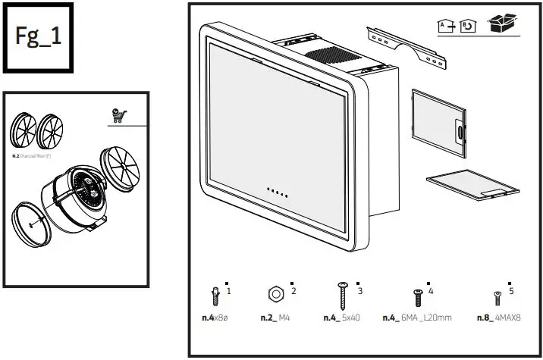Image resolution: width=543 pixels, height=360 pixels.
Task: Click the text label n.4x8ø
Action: [x=215, y=318]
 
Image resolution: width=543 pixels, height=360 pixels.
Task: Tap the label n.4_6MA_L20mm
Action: [x=416, y=318]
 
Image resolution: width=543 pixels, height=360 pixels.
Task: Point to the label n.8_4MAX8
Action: [x=499, y=318]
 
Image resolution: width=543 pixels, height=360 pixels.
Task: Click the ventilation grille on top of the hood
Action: [x=327, y=55]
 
